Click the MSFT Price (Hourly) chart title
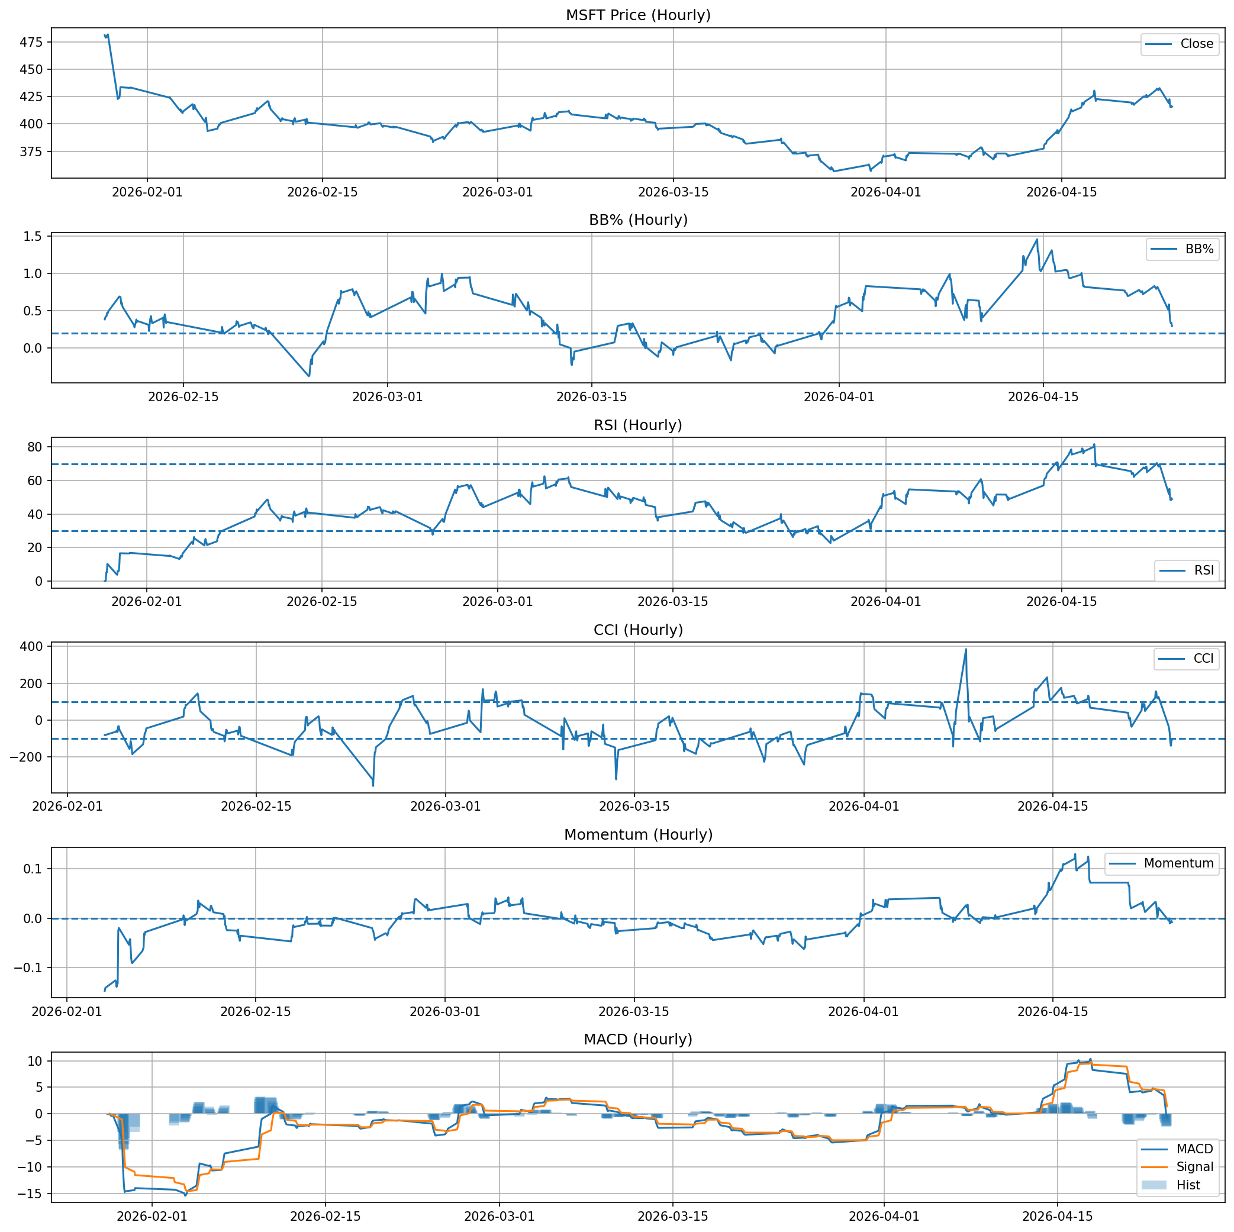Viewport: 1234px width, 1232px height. [638, 15]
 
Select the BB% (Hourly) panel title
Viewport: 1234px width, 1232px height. [638, 220]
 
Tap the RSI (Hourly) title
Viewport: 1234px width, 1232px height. [638, 425]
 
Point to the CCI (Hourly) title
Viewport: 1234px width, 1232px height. [638, 630]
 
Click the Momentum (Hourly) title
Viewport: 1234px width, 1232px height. [638, 836]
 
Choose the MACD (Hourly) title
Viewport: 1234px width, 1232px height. [638, 1040]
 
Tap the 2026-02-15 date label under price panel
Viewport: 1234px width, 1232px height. [322, 192]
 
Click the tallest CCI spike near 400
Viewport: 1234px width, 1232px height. [966, 650]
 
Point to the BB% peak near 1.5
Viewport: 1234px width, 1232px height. [1037, 240]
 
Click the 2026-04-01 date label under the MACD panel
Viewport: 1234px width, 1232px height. [885, 1217]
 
